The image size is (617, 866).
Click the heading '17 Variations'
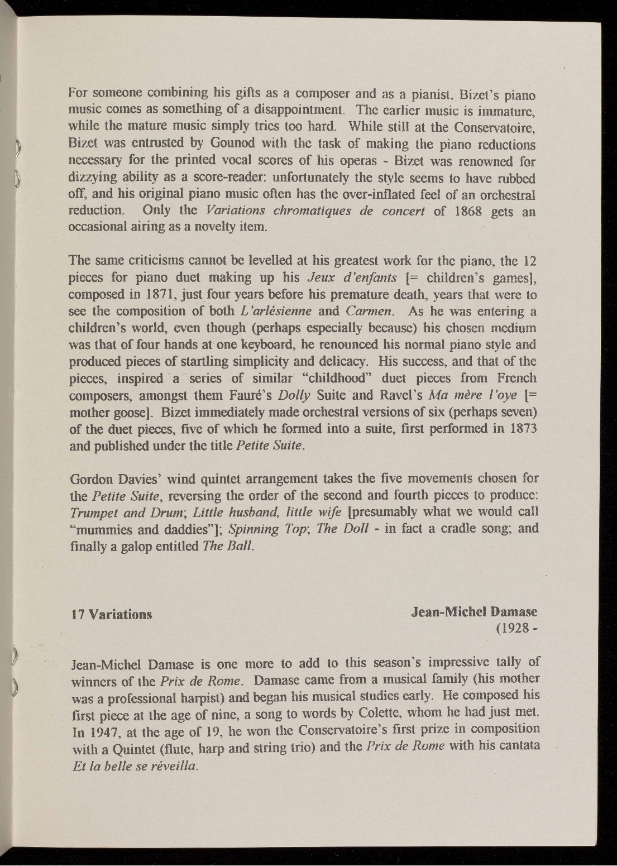[x=110, y=614]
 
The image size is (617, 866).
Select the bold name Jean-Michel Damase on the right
[x=474, y=612]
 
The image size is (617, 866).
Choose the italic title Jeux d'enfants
[x=353, y=277]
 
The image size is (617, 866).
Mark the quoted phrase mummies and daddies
[x=144, y=529]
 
